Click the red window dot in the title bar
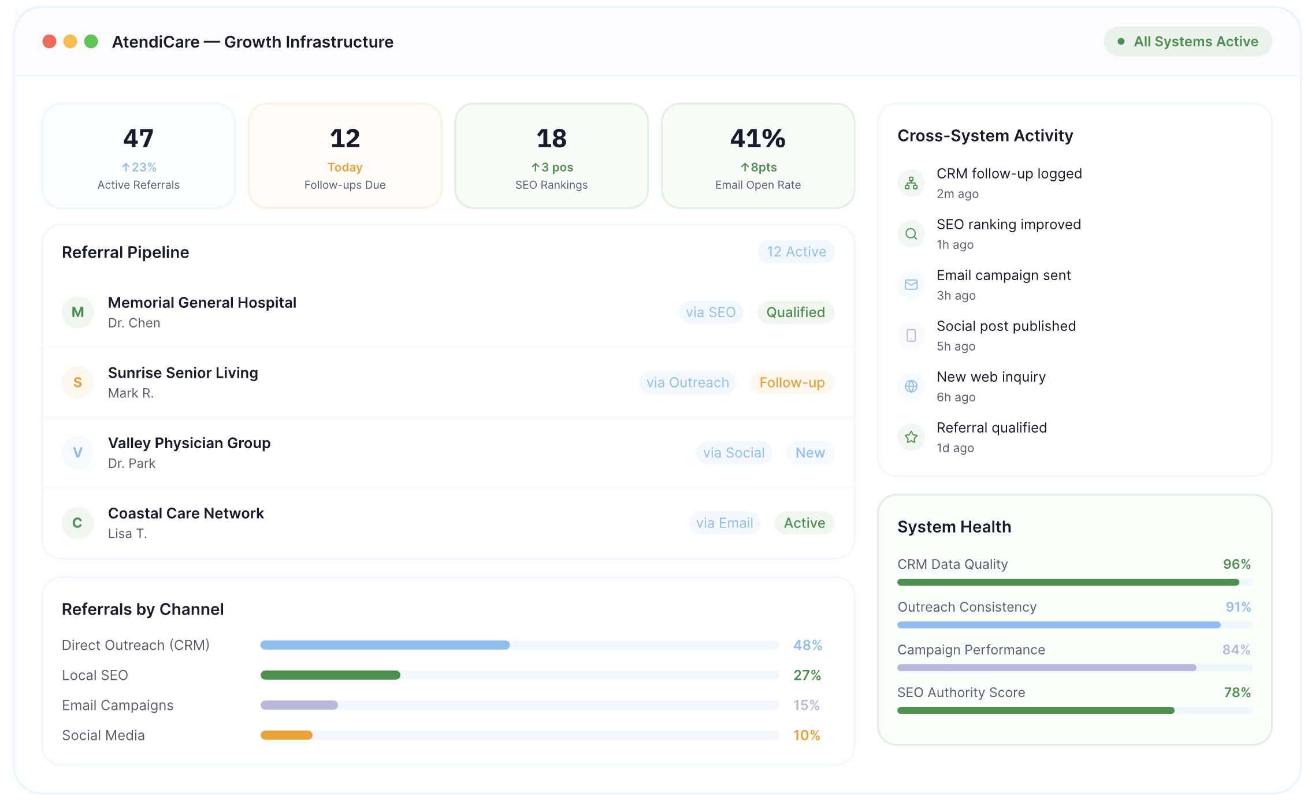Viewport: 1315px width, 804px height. pos(50,42)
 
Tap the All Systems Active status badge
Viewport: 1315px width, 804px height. pos(1188,42)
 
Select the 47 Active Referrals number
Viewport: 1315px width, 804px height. pos(139,139)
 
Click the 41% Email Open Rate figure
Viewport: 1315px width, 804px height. pos(758,139)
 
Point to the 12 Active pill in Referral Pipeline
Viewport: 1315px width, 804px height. pos(796,252)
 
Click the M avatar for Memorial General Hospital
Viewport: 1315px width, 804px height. pos(78,312)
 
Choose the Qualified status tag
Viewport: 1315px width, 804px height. pos(796,312)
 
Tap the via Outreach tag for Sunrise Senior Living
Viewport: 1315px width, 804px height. pos(688,383)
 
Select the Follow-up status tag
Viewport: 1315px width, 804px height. pos(792,383)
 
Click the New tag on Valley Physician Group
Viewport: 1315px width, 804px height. pos(810,453)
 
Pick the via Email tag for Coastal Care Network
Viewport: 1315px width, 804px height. pos(725,523)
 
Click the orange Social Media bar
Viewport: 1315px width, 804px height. pos(287,735)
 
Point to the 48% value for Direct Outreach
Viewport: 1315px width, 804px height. pos(808,645)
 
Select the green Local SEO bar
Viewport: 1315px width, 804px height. pos(330,675)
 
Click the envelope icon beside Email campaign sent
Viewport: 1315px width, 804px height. pos(911,285)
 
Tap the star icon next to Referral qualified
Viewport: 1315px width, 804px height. pos(911,437)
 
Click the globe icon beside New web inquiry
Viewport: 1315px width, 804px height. pos(911,386)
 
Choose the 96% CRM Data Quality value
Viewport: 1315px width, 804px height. pos(1237,564)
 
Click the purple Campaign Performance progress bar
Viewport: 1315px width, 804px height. pos(1047,668)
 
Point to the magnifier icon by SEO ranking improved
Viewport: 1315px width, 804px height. pos(911,234)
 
